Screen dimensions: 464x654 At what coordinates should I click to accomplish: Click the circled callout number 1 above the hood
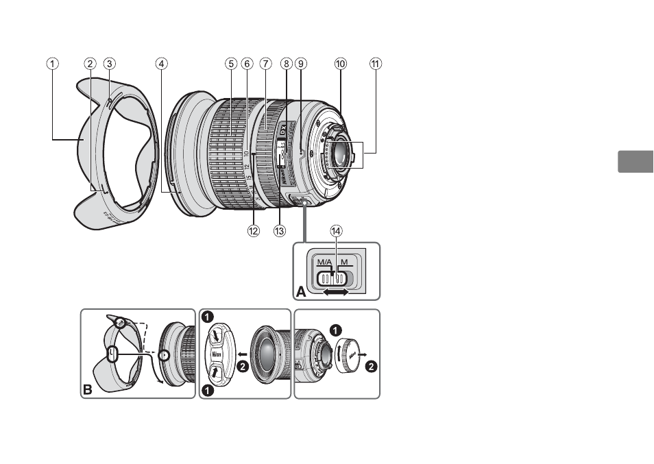coord(52,64)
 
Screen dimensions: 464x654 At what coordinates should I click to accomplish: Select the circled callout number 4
coord(160,64)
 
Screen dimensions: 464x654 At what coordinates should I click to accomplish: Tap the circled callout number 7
coord(265,64)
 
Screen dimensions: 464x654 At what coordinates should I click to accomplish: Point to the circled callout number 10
coord(340,64)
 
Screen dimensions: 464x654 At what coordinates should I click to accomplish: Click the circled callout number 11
coord(374,64)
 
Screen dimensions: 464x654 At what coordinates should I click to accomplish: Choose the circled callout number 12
coord(254,231)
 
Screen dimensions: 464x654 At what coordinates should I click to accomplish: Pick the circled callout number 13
coord(279,231)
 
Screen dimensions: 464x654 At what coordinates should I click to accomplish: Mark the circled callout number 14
coord(336,232)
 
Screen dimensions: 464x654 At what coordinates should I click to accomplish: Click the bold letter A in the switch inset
coord(302,292)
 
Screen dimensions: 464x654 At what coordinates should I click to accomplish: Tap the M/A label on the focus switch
coord(323,262)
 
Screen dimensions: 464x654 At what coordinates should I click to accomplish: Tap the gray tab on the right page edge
coord(635,162)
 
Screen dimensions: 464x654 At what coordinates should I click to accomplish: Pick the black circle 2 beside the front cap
coord(242,367)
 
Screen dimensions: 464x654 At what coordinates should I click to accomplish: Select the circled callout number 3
coord(109,64)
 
